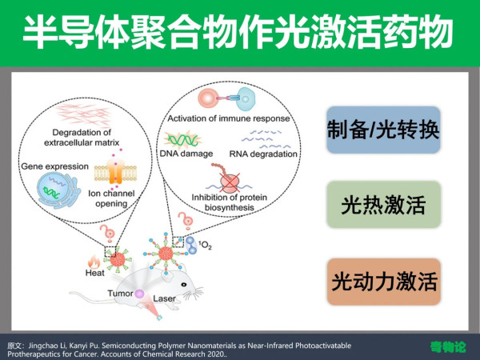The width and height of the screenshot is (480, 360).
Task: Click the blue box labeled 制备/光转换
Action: [383, 130]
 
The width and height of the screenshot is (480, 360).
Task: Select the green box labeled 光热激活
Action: [383, 204]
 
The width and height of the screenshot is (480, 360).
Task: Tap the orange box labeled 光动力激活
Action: [383, 282]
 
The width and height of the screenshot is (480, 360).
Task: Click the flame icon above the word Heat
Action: [94, 262]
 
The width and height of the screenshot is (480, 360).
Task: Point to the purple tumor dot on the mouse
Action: [139, 294]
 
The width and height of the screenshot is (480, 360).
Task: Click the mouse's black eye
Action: [184, 284]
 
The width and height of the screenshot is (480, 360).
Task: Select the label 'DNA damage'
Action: [186, 154]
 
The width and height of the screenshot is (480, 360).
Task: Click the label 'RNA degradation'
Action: [263, 154]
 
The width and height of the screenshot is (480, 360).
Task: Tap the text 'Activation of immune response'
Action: [228, 118]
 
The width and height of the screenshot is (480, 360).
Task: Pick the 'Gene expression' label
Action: [54, 166]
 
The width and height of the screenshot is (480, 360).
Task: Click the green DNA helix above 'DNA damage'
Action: [182, 139]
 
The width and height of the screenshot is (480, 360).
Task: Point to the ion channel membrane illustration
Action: [115, 172]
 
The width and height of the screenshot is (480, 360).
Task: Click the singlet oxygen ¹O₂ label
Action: [205, 245]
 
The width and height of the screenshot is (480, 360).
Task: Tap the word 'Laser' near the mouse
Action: [164, 298]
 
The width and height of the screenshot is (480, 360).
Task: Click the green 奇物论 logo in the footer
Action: [448, 347]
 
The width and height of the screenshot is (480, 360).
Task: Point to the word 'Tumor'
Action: [120, 294]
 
